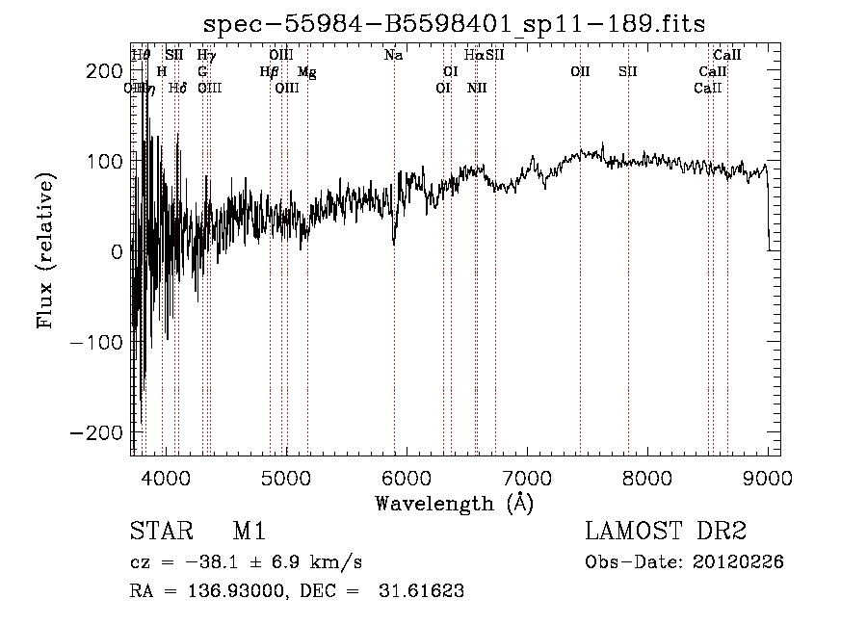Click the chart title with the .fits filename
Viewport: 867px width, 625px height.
457,25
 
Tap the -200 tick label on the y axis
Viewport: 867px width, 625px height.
100,432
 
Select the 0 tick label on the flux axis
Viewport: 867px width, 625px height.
117,252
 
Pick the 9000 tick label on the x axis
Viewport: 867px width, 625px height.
768,476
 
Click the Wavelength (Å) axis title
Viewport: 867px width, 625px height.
454,503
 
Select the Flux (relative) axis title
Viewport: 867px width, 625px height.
47,250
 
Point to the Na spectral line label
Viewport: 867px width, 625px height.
393,56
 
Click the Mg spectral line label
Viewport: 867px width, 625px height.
306,72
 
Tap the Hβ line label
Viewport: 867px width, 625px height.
269,72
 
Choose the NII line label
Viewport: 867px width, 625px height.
477,89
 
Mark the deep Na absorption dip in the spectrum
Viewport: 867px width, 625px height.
394,241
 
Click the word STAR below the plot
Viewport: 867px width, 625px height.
160,533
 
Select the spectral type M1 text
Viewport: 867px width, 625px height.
250,533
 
